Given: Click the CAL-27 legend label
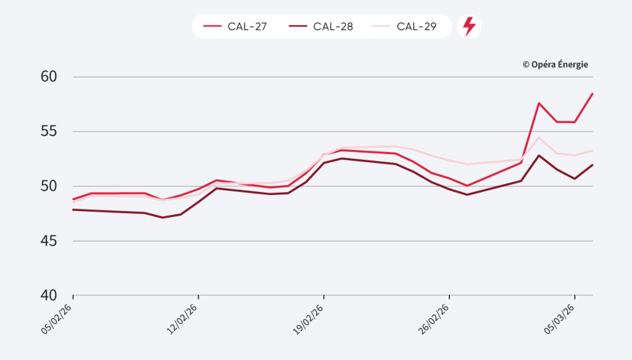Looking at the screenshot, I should (x=247, y=27).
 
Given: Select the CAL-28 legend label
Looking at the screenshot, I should (x=333, y=27).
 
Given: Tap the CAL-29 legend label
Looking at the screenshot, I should (x=417, y=27).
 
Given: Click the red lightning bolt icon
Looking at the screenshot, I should (x=469, y=27).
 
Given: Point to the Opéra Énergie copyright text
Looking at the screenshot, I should (x=555, y=64).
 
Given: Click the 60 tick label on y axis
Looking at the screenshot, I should (x=49, y=77).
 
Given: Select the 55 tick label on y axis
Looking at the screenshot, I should (x=49, y=132).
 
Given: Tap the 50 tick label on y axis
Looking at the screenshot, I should (x=49, y=186).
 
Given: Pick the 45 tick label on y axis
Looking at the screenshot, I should (x=49, y=241).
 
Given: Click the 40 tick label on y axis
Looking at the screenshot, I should (x=49, y=295).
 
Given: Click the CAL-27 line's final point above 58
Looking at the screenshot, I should (x=592, y=94).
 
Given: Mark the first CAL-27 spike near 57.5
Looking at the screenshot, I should (x=539, y=103).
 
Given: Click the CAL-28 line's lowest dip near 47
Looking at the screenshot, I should (x=162, y=217).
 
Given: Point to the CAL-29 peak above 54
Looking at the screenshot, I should (x=539, y=137).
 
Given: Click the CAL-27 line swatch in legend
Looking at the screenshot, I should (x=212, y=27).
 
